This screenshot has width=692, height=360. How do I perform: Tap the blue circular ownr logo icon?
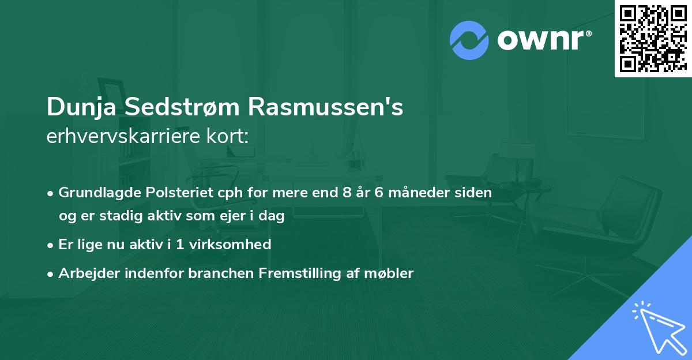click(469, 40)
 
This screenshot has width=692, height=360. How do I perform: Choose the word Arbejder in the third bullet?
click(84, 273)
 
